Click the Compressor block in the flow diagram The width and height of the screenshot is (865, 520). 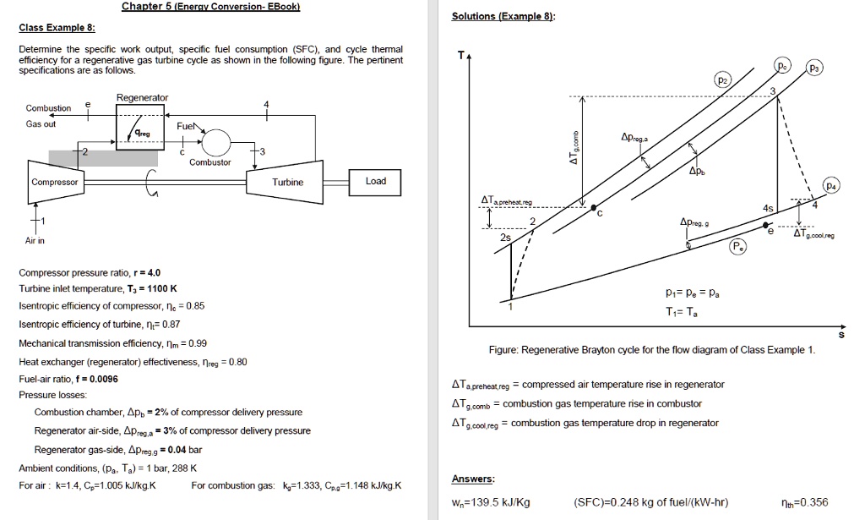point(55,182)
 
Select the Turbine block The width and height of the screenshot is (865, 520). point(287,182)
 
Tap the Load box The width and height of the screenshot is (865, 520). point(376,181)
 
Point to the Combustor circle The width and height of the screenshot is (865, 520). point(216,141)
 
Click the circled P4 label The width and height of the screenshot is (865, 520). point(833,185)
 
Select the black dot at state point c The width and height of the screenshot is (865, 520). point(593,208)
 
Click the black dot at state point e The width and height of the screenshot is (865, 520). point(767,227)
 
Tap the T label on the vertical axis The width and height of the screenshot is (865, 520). point(460,55)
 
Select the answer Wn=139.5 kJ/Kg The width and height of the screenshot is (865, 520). point(491,502)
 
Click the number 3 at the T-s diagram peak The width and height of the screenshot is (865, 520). point(770,90)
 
